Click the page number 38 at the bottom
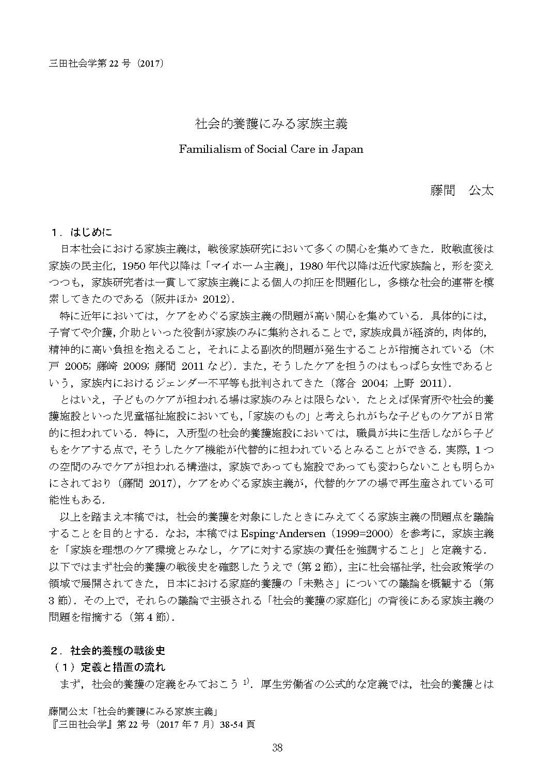click(x=277, y=748)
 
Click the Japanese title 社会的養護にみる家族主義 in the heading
click(x=271, y=124)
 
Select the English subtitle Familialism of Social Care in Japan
click(x=271, y=149)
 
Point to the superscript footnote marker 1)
click(x=246, y=683)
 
